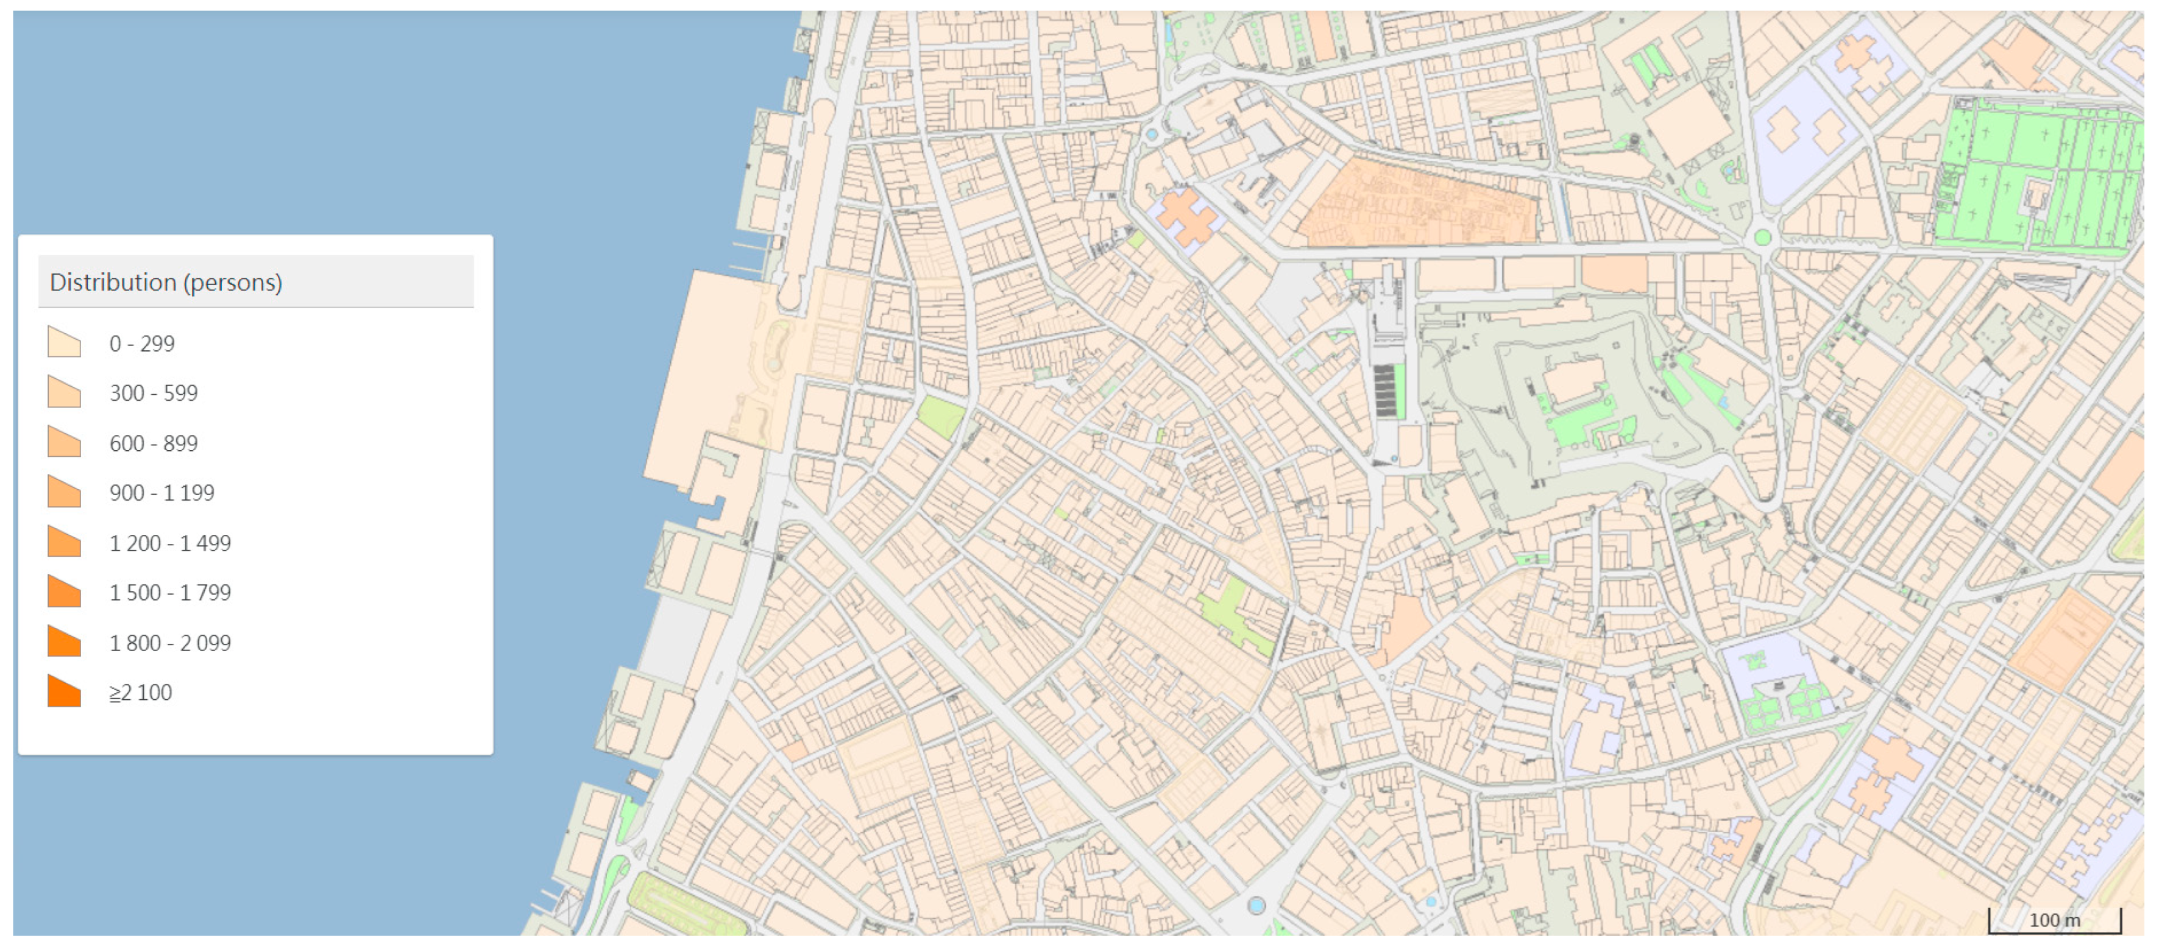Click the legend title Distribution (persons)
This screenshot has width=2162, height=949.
coord(166,282)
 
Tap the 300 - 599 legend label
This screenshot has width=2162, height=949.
coord(154,393)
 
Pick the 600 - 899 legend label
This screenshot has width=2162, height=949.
coord(154,443)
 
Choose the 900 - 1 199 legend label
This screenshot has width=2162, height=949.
coord(162,493)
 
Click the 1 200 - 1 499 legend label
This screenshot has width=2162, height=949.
coord(171,543)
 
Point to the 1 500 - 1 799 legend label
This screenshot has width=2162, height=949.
coord(171,593)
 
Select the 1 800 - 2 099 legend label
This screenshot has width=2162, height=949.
coord(171,643)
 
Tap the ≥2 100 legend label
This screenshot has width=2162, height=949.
coord(141,692)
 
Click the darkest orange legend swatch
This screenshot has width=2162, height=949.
coord(65,692)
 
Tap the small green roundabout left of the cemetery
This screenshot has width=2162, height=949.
coord(1762,238)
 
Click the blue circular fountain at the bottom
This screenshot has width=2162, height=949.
coord(1256,905)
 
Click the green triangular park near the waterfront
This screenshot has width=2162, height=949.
coord(940,415)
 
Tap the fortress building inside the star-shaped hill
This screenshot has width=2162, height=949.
coord(1573,382)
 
